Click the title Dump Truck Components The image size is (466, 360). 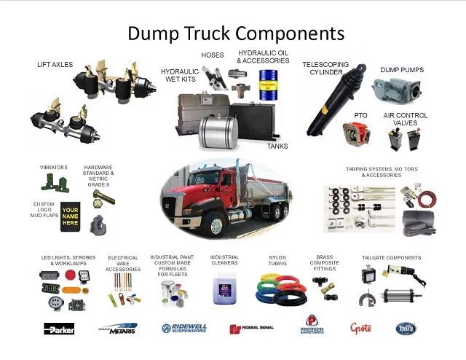click(236, 33)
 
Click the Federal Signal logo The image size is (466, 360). click(251, 328)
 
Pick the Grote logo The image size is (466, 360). click(360, 328)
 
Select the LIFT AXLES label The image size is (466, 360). click(55, 64)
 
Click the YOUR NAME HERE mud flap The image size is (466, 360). click(70, 214)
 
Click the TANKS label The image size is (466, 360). click(277, 146)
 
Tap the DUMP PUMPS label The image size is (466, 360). click(401, 70)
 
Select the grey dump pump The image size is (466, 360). click(397, 91)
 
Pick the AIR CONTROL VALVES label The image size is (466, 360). click(406, 119)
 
